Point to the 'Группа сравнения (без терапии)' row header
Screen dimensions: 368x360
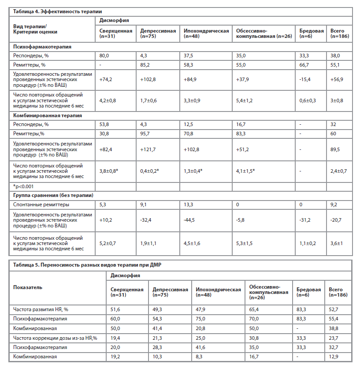pyautogui.click(x=52, y=195)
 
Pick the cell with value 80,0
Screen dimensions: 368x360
pyautogui.click(x=104, y=56)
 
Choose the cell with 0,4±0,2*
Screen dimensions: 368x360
pyautogui.click(x=150, y=171)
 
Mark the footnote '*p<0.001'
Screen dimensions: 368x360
pyautogui.click(x=22, y=186)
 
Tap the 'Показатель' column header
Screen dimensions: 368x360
pyautogui.click(x=28, y=286)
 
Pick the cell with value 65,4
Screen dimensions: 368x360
pyautogui.click(x=255, y=310)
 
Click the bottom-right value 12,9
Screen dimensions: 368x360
pyautogui.click(x=334, y=356)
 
